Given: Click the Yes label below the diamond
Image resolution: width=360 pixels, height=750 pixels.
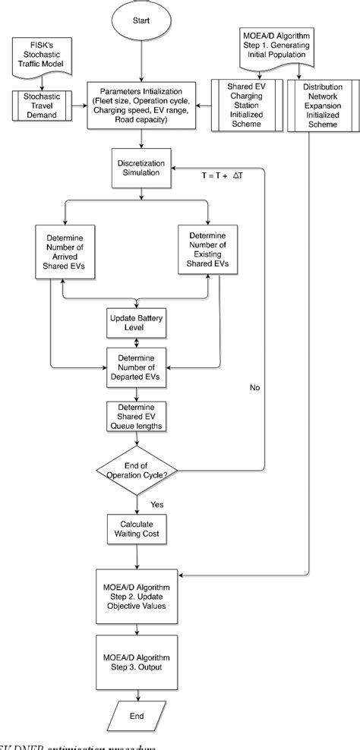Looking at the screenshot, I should [x=156, y=503].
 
